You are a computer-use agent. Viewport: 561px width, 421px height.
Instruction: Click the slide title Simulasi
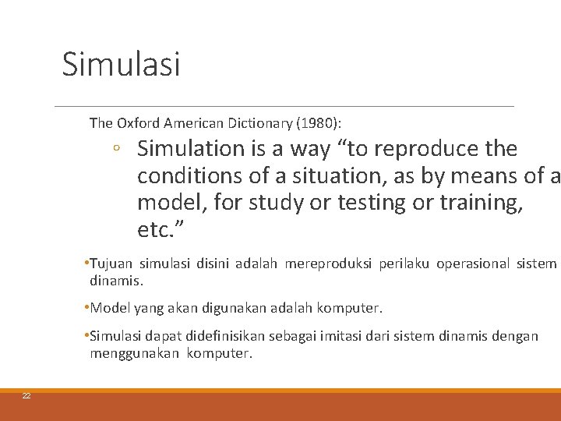[121, 64]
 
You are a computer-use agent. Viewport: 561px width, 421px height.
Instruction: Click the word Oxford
[137, 122]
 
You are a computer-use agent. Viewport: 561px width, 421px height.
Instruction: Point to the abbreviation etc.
[154, 230]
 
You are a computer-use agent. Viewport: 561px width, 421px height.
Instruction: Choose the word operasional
[471, 264]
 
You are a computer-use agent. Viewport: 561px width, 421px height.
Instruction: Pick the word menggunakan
[135, 353]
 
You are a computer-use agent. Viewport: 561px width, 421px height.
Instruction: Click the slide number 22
[26, 397]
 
